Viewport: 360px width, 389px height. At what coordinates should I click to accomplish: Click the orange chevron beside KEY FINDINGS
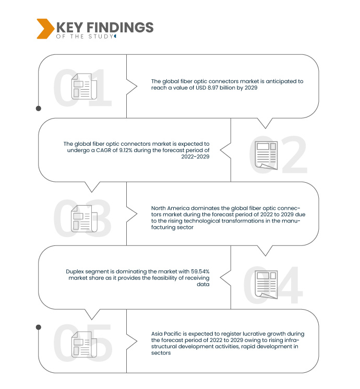click(x=45, y=29)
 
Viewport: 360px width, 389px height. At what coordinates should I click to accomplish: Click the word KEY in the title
click(x=69, y=27)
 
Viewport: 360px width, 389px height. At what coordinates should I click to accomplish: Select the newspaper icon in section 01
click(x=84, y=86)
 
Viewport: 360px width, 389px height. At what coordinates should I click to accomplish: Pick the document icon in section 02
click(x=266, y=156)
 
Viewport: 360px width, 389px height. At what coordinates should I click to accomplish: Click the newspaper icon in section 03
click(x=84, y=219)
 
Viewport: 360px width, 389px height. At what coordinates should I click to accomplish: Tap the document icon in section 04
click(x=266, y=285)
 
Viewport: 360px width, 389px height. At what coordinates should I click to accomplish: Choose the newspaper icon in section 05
click(x=84, y=344)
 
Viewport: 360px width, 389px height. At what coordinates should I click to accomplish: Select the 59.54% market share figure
click(x=200, y=272)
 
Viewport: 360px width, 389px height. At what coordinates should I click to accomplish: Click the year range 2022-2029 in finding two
click(x=195, y=157)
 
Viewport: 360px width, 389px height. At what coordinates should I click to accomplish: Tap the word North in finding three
click(x=159, y=208)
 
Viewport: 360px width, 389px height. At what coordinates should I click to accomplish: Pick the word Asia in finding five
click(x=157, y=334)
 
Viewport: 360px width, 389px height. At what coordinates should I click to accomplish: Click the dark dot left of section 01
click(x=39, y=109)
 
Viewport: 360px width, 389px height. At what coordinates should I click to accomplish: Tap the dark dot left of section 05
click(x=39, y=327)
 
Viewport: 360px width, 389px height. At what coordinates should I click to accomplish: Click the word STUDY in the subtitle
click(x=101, y=37)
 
